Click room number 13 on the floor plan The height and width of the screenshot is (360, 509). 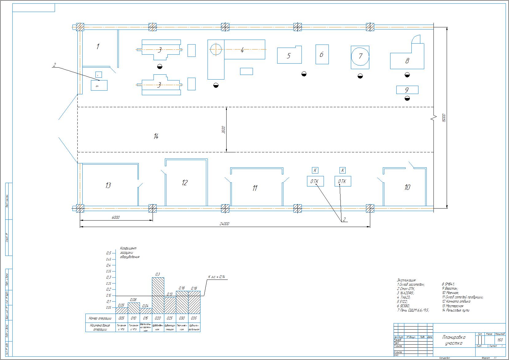coord(108,186)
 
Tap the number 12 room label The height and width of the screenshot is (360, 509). coord(185,183)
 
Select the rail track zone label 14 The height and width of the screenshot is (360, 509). coord(156,136)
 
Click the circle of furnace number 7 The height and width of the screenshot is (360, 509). coord(360,56)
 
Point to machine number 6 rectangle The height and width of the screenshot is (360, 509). coord(322,54)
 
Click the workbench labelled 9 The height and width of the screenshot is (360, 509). coord(407,90)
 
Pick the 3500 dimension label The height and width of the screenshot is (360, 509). coord(223,130)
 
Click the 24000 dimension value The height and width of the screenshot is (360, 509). coord(224,224)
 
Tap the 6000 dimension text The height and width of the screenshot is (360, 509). coord(115,217)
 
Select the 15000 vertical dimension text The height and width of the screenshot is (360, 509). coord(444,118)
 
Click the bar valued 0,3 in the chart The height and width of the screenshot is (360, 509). coord(158,295)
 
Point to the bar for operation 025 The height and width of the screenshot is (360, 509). coord(170,305)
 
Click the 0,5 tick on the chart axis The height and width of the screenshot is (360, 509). coord(108,253)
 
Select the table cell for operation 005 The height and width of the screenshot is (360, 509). coord(122,318)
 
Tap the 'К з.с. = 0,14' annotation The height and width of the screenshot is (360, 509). coord(217,277)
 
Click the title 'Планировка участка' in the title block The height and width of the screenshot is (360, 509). coord(454,340)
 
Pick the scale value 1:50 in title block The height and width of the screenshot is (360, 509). coord(500,340)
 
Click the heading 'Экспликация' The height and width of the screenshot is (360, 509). coord(406,280)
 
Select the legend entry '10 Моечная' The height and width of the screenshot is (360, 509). coord(450,293)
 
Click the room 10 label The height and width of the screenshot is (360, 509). coord(407,187)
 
